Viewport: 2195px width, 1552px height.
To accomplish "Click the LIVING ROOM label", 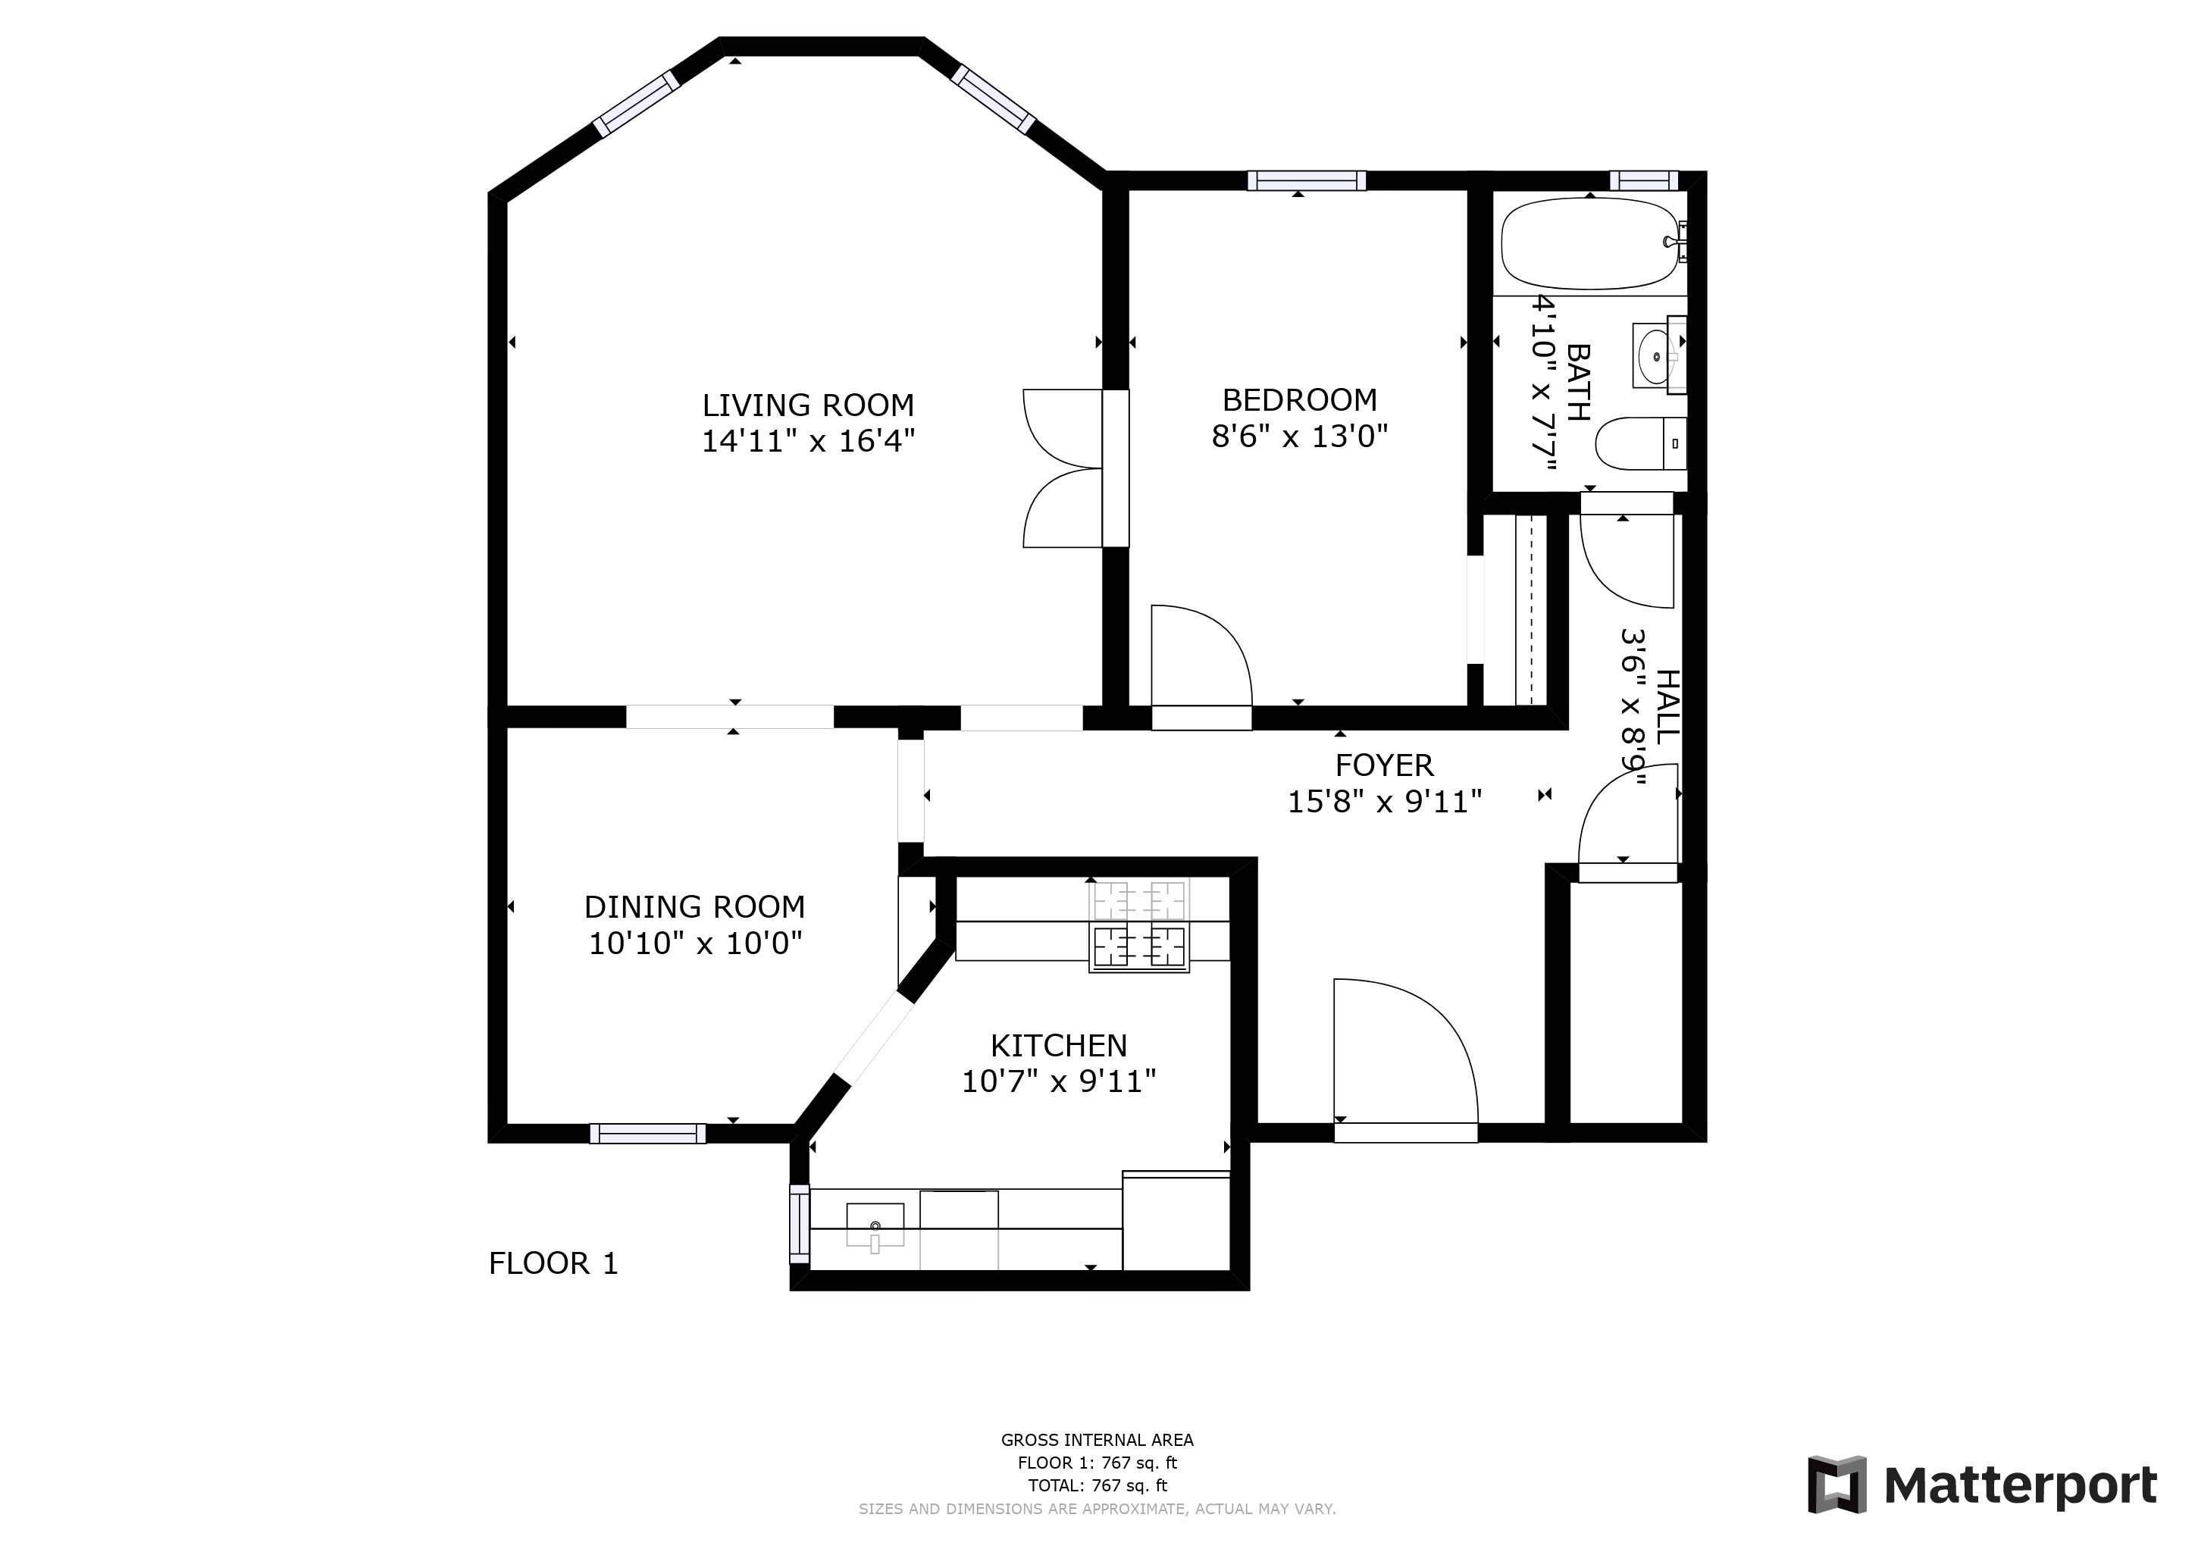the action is click(808, 405).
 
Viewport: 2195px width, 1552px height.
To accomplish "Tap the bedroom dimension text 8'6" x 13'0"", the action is click(1299, 436).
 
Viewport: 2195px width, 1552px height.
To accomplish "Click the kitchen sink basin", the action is click(875, 1224).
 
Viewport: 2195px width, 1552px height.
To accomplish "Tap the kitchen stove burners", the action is click(1138, 927).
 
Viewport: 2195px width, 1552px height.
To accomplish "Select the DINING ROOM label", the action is click(694, 906).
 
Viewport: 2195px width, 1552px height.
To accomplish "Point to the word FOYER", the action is click(1384, 765).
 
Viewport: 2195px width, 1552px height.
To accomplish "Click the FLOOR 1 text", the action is click(553, 1263).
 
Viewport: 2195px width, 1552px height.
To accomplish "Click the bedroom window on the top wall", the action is click(1306, 180).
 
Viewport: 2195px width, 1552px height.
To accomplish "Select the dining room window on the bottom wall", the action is click(647, 1134).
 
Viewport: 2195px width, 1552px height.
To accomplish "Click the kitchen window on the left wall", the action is click(798, 1223).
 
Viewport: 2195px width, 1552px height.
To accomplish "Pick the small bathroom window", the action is click(1643, 180).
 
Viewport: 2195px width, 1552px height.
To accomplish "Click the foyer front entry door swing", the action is click(1434, 1022).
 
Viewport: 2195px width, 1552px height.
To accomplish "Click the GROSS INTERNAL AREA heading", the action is click(1097, 1439).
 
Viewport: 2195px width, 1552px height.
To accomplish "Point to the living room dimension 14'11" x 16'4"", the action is click(808, 442).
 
